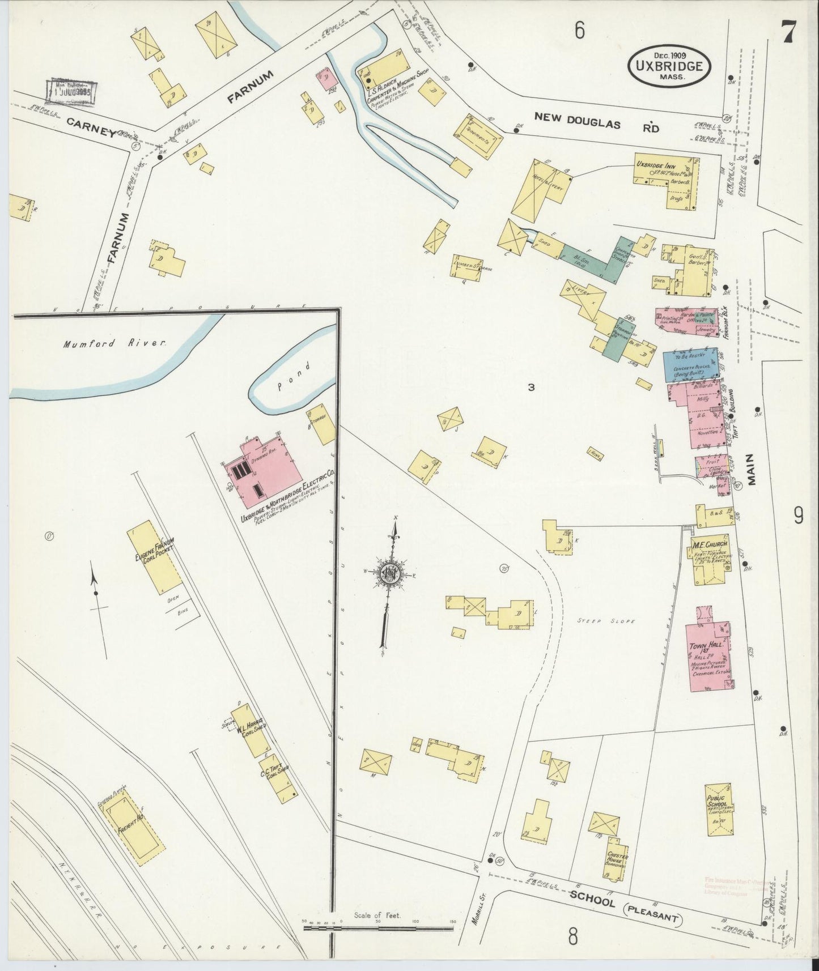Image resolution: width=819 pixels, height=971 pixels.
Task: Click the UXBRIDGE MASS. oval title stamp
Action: [669, 66]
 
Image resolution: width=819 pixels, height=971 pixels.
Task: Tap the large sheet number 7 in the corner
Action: [788, 32]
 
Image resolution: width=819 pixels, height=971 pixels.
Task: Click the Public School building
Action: [718, 809]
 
